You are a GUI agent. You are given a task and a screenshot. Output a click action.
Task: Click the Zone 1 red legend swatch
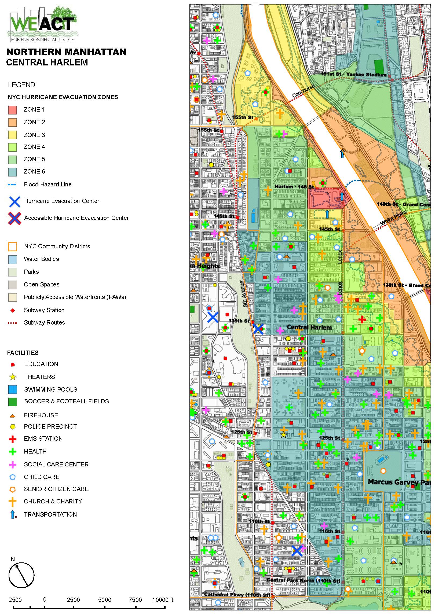tap(12, 110)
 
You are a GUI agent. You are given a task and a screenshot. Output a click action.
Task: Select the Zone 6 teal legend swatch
tap(12, 172)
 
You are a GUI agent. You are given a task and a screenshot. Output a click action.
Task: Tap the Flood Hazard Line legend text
tap(47, 185)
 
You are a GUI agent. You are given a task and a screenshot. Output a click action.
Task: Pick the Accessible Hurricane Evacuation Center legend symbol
tap(14, 218)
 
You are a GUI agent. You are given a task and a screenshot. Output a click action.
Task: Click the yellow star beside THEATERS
tap(13, 377)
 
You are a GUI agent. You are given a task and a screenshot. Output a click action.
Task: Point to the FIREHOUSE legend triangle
tap(12, 416)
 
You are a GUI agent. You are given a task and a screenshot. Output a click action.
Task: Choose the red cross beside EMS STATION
tap(13, 439)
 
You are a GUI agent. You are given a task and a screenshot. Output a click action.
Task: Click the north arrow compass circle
tap(21, 574)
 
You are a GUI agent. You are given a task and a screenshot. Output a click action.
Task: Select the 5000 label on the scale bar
tap(104, 600)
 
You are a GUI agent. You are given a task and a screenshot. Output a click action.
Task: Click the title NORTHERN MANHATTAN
tap(66, 52)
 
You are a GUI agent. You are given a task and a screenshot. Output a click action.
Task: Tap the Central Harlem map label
tap(309, 327)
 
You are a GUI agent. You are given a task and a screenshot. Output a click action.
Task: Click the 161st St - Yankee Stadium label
tap(354, 74)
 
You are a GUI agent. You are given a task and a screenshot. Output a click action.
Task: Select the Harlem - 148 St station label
tap(294, 186)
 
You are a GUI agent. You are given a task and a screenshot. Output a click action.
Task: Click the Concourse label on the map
tap(303, 91)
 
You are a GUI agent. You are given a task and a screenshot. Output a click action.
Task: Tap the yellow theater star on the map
tap(283, 435)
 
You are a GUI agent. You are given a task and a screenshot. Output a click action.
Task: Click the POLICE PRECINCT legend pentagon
tap(13, 427)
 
